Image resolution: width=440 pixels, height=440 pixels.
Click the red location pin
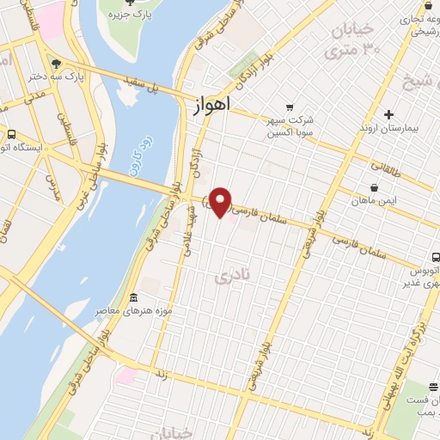click(222, 202)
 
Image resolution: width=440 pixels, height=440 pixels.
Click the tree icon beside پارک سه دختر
click(57, 64)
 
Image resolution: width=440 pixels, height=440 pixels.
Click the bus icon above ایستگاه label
click(11, 134)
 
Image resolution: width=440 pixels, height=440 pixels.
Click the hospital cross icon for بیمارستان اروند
click(388, 114)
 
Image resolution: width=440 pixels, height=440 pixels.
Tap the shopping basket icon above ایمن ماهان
click(374, 187)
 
